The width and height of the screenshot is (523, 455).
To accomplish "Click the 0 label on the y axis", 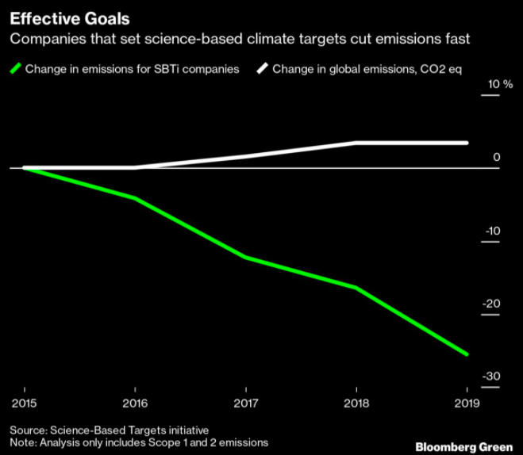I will coord(497,158).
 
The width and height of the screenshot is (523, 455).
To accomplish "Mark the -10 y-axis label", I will coord(493,231).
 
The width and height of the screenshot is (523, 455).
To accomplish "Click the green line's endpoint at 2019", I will coord(467,354).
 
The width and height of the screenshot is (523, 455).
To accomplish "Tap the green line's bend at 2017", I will coord(246,258).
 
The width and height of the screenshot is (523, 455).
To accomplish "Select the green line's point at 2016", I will coord(135,197).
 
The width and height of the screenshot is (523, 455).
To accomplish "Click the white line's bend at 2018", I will coord(356,143).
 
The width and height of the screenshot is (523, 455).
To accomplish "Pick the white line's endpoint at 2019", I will coord(467,143).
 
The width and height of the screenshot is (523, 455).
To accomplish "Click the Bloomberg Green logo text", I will coord(464,447).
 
